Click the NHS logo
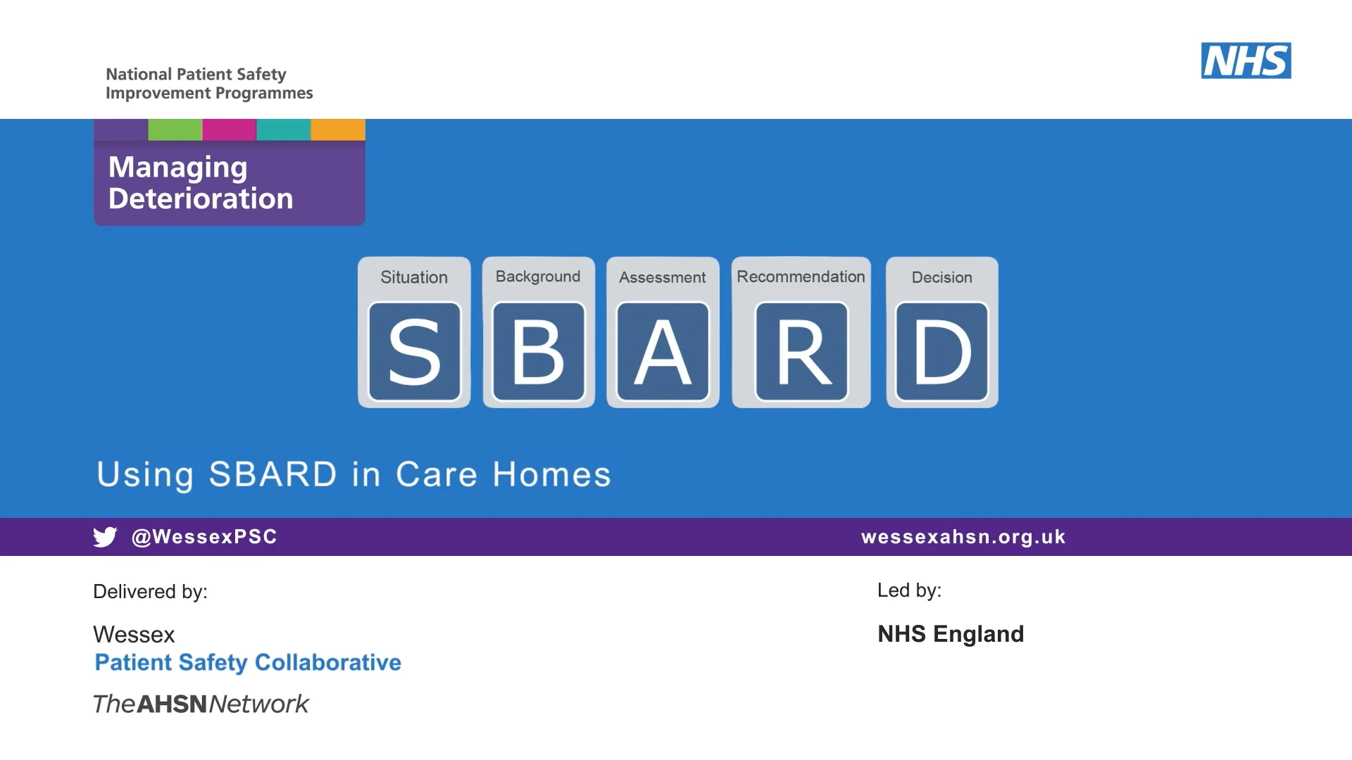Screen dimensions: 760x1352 (1246, 61)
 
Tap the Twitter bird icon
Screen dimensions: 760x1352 (105, 537)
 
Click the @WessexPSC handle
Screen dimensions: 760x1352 (204, 537)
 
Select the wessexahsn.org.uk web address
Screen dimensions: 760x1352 (963, 537)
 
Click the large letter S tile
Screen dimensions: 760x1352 (415, 351)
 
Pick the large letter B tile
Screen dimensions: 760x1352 (539, 351)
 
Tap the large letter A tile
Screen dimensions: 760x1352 (663, 351)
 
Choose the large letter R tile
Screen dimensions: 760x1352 (801, 351)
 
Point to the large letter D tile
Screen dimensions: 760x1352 (941, 351)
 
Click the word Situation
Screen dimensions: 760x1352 (414, 277)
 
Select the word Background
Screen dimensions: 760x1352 (538, 277)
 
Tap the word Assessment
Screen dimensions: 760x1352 (662, 277)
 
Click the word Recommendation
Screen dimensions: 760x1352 (801, 277)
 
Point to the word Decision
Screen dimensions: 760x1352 (941, 277)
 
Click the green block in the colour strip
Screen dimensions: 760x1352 (175, 129)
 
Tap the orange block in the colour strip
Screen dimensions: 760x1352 (338, 129)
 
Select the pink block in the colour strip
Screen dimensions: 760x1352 (230, 129)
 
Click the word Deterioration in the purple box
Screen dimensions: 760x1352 (201, 198)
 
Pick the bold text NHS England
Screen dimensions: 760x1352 (951, 634)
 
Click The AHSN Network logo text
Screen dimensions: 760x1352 (201, 704)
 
